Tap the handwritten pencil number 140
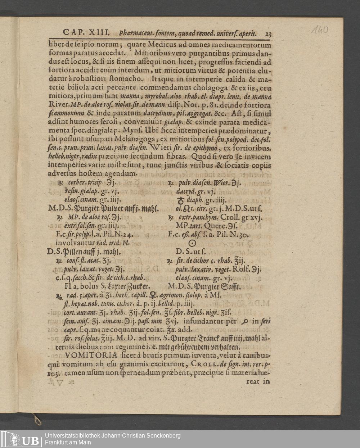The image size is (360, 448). [x=320, y=30]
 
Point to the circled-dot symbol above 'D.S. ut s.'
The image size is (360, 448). [x=192, y=244]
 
